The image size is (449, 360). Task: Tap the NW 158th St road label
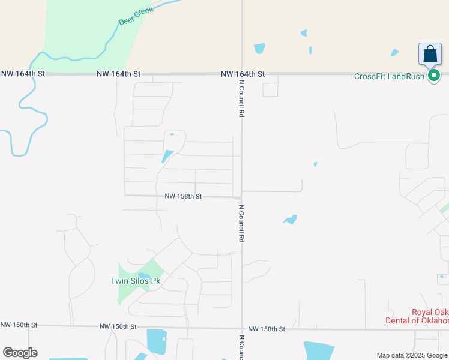coord(183,196)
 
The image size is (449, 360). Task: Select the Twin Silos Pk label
coord(136,281)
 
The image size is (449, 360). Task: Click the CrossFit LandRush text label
coord(390,76)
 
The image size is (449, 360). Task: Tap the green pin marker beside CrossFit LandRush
coord(435,76)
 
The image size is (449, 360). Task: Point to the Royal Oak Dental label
coord(417,316)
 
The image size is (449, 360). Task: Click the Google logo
coord(20,353)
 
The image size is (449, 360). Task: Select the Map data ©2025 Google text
coord(412,355)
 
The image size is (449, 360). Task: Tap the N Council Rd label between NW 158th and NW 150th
coord(241,223)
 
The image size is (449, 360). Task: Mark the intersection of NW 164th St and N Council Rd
coord(242,74)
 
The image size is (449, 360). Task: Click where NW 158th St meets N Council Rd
coord(241,197)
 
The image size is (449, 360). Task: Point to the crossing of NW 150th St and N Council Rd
coord(242,329)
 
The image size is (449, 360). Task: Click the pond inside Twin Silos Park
coord(145,277)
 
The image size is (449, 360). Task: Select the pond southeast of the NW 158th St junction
coord(291,220)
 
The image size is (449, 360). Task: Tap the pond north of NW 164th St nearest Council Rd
coord(259,48)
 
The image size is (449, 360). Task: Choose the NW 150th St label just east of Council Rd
coord(266,329)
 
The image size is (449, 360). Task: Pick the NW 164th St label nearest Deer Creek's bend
coord(23,73)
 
